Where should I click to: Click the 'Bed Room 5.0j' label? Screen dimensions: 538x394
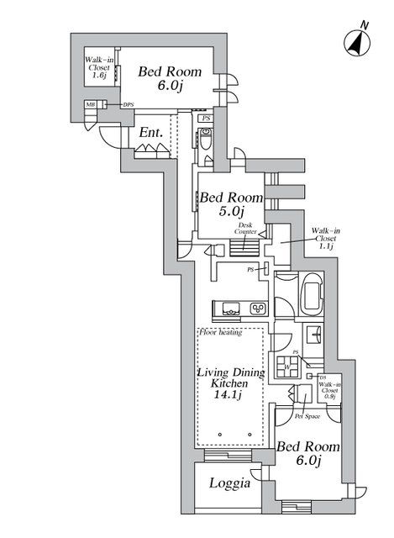[x=231, y=204]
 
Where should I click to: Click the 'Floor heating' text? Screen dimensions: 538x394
[x=221, y=332]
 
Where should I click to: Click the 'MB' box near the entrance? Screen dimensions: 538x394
[x=90, y=104]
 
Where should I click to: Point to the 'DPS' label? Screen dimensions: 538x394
[x=129, y=104]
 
